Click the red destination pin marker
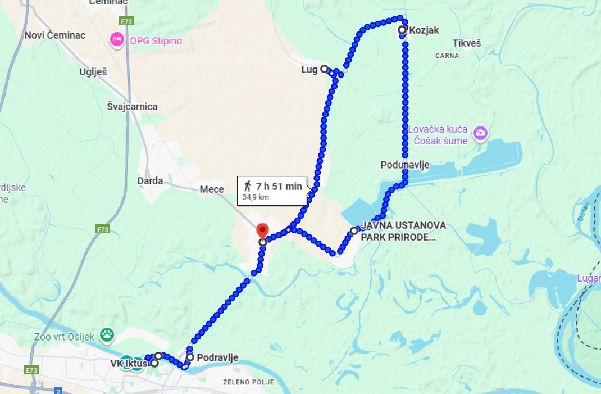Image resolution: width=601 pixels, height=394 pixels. pyautogui.click(x=262, y=231)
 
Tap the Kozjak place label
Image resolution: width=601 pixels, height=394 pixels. pyautogui.click(x=424, y=30)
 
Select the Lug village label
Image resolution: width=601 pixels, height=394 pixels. pyautogui.click(x=309, y=70)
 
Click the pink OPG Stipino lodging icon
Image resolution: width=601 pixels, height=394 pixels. pyautogui.click(x=117, y=40)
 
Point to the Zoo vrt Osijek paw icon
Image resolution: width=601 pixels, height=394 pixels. pyautogui.click(x=107, y=336)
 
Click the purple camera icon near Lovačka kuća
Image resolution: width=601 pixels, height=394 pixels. pyautogui.click(x=480, y=133)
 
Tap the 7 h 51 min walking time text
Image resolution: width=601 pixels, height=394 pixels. pyautogui.click(x=279, y=187)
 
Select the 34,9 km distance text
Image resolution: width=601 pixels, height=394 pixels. pyautogui.click(x=256, y=197)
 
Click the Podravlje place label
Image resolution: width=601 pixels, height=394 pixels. pyautogui.click(x=217, y=357)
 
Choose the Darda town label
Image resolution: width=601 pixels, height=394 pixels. pyautogui.click(x=150, y=181)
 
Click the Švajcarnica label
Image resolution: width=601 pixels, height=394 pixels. pyautogui.click(x=132, y=107)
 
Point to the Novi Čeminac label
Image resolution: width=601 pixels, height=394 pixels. pyautogui.click(x=55, y=35)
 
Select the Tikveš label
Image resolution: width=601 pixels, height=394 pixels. pyautogui.click(x=466, y=44)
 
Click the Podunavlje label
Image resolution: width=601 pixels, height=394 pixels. pyautogui.click(x=404, y=165)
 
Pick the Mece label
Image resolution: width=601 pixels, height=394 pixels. pyautogui.click(x=212, y=189)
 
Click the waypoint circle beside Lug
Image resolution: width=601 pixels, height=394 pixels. pyautogui.click(x=324, y=69)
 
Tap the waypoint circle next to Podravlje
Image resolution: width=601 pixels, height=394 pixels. pyautogui.click(x=190, y=357)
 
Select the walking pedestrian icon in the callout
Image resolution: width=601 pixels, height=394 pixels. pyautogui.click(x=247, y=186)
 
